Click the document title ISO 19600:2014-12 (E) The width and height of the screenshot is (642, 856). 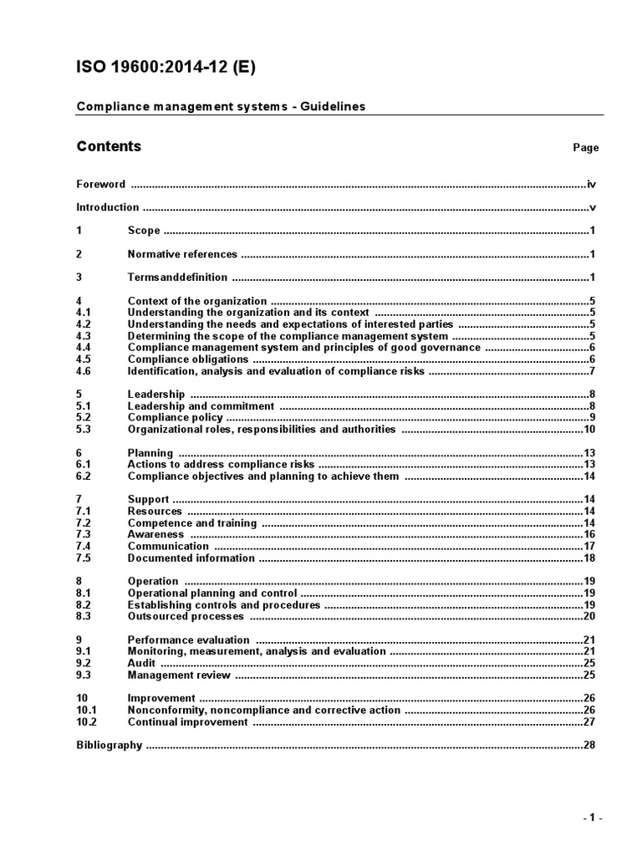point(166,68)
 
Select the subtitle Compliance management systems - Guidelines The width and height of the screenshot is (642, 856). point(221,106)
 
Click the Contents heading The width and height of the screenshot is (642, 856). point(109,146)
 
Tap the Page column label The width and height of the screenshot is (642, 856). point(585,148)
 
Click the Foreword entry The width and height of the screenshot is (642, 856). point(100,184)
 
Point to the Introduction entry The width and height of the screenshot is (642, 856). point(107,207)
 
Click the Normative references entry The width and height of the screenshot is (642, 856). point(182,254)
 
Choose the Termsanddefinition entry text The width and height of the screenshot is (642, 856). point(176,278)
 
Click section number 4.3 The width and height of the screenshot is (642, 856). point(83,336)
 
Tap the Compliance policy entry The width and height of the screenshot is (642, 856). point(175,417)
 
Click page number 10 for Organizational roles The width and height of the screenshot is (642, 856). point(588,429)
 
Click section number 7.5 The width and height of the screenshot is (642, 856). point(83,558)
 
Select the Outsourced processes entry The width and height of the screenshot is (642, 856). point(186,616)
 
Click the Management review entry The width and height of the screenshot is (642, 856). point(179,675)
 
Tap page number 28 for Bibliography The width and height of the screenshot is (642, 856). point(588,745)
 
